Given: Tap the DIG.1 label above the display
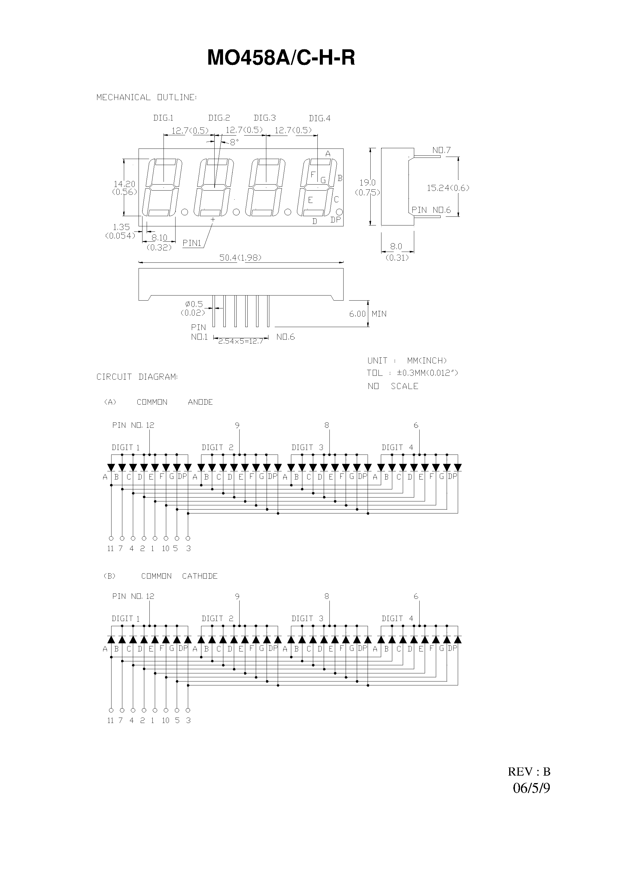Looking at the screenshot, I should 163,118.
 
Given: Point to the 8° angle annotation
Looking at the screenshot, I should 234,142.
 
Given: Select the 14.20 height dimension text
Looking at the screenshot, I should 124,184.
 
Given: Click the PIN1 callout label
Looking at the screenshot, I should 192,243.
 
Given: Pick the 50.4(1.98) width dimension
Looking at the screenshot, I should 240,258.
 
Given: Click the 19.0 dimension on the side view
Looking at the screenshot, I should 368,183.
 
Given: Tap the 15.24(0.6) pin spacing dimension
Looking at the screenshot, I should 448,188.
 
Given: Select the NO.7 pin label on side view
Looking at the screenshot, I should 442,150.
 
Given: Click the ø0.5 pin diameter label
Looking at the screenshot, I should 194,304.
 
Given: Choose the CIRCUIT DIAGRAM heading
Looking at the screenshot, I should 137,377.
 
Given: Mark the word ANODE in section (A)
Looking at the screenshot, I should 200,402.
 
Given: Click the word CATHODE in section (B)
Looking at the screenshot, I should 200,576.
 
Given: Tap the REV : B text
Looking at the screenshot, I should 529,772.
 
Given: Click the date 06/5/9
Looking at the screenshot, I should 531,788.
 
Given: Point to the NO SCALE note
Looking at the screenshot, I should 393,386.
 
